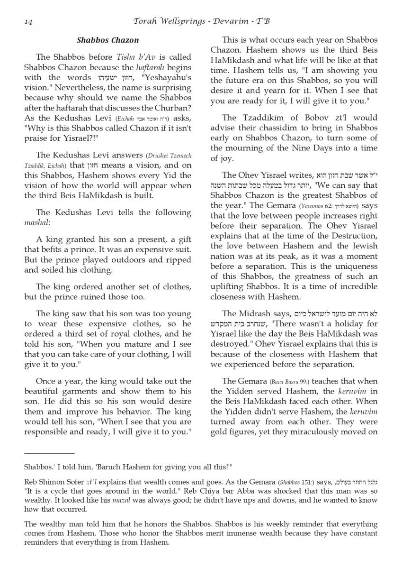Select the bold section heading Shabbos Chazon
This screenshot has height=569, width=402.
(x=107, y=40)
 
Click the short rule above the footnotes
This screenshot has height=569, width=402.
(x=49, y=453)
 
